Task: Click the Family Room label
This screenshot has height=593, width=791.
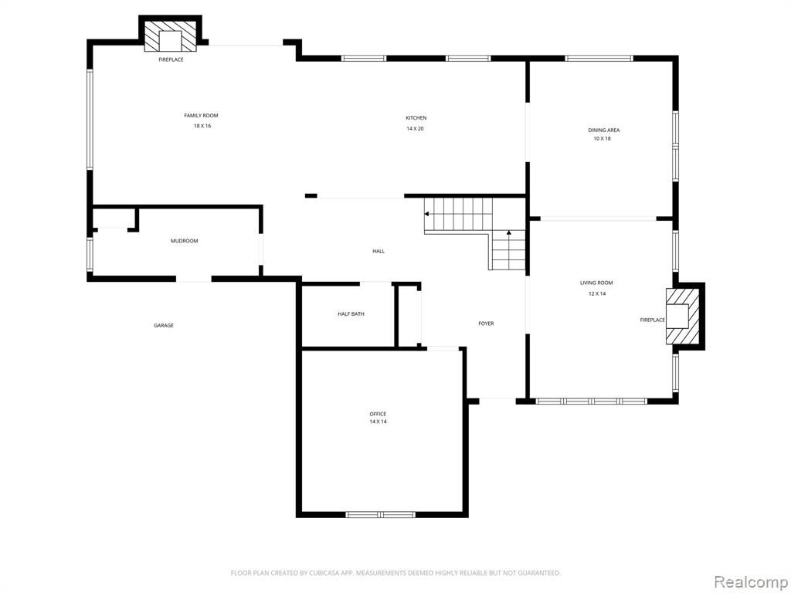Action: pos(201,116)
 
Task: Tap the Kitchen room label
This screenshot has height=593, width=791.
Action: pos(416,118)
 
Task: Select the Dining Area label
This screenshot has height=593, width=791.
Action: pos(603,130)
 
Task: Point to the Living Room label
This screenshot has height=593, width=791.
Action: pos(596,283)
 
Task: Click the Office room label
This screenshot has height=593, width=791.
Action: pos(378,414)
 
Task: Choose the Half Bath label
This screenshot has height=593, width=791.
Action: pos(351,314)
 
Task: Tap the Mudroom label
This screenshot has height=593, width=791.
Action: pos(184,241)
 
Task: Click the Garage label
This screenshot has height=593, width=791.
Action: pos(164,326)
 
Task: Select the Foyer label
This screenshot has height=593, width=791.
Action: pos(487,324)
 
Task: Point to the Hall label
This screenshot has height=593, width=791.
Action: pos(379,251)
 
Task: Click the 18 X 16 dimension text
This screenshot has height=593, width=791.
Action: pos(202,126)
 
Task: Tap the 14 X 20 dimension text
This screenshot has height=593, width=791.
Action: pos(415,129)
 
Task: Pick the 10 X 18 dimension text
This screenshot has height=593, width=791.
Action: pos(602,138)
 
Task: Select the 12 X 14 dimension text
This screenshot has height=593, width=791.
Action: pos(597,293)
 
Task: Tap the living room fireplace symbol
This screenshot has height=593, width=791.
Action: pos(683,316)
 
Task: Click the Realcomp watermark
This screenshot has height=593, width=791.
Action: pos(750,581)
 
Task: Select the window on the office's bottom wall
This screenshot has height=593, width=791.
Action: pos(380,514)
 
